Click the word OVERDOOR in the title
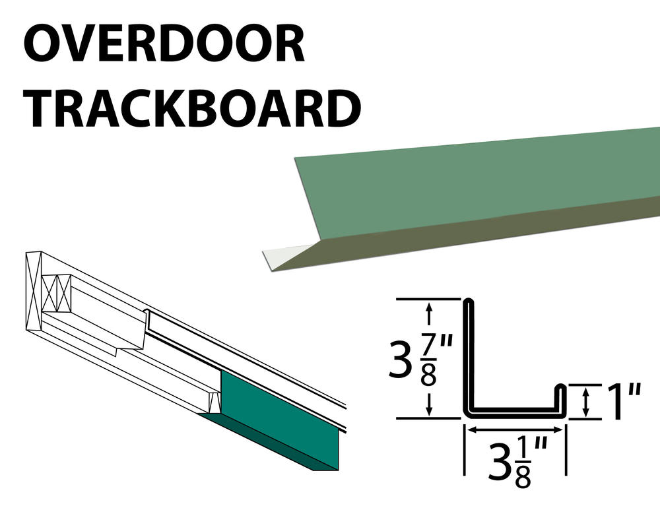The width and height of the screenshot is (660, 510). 164,44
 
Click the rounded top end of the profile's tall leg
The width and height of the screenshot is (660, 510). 469,302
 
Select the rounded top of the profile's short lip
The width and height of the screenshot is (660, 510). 561,387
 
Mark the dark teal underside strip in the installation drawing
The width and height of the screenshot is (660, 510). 269,444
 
